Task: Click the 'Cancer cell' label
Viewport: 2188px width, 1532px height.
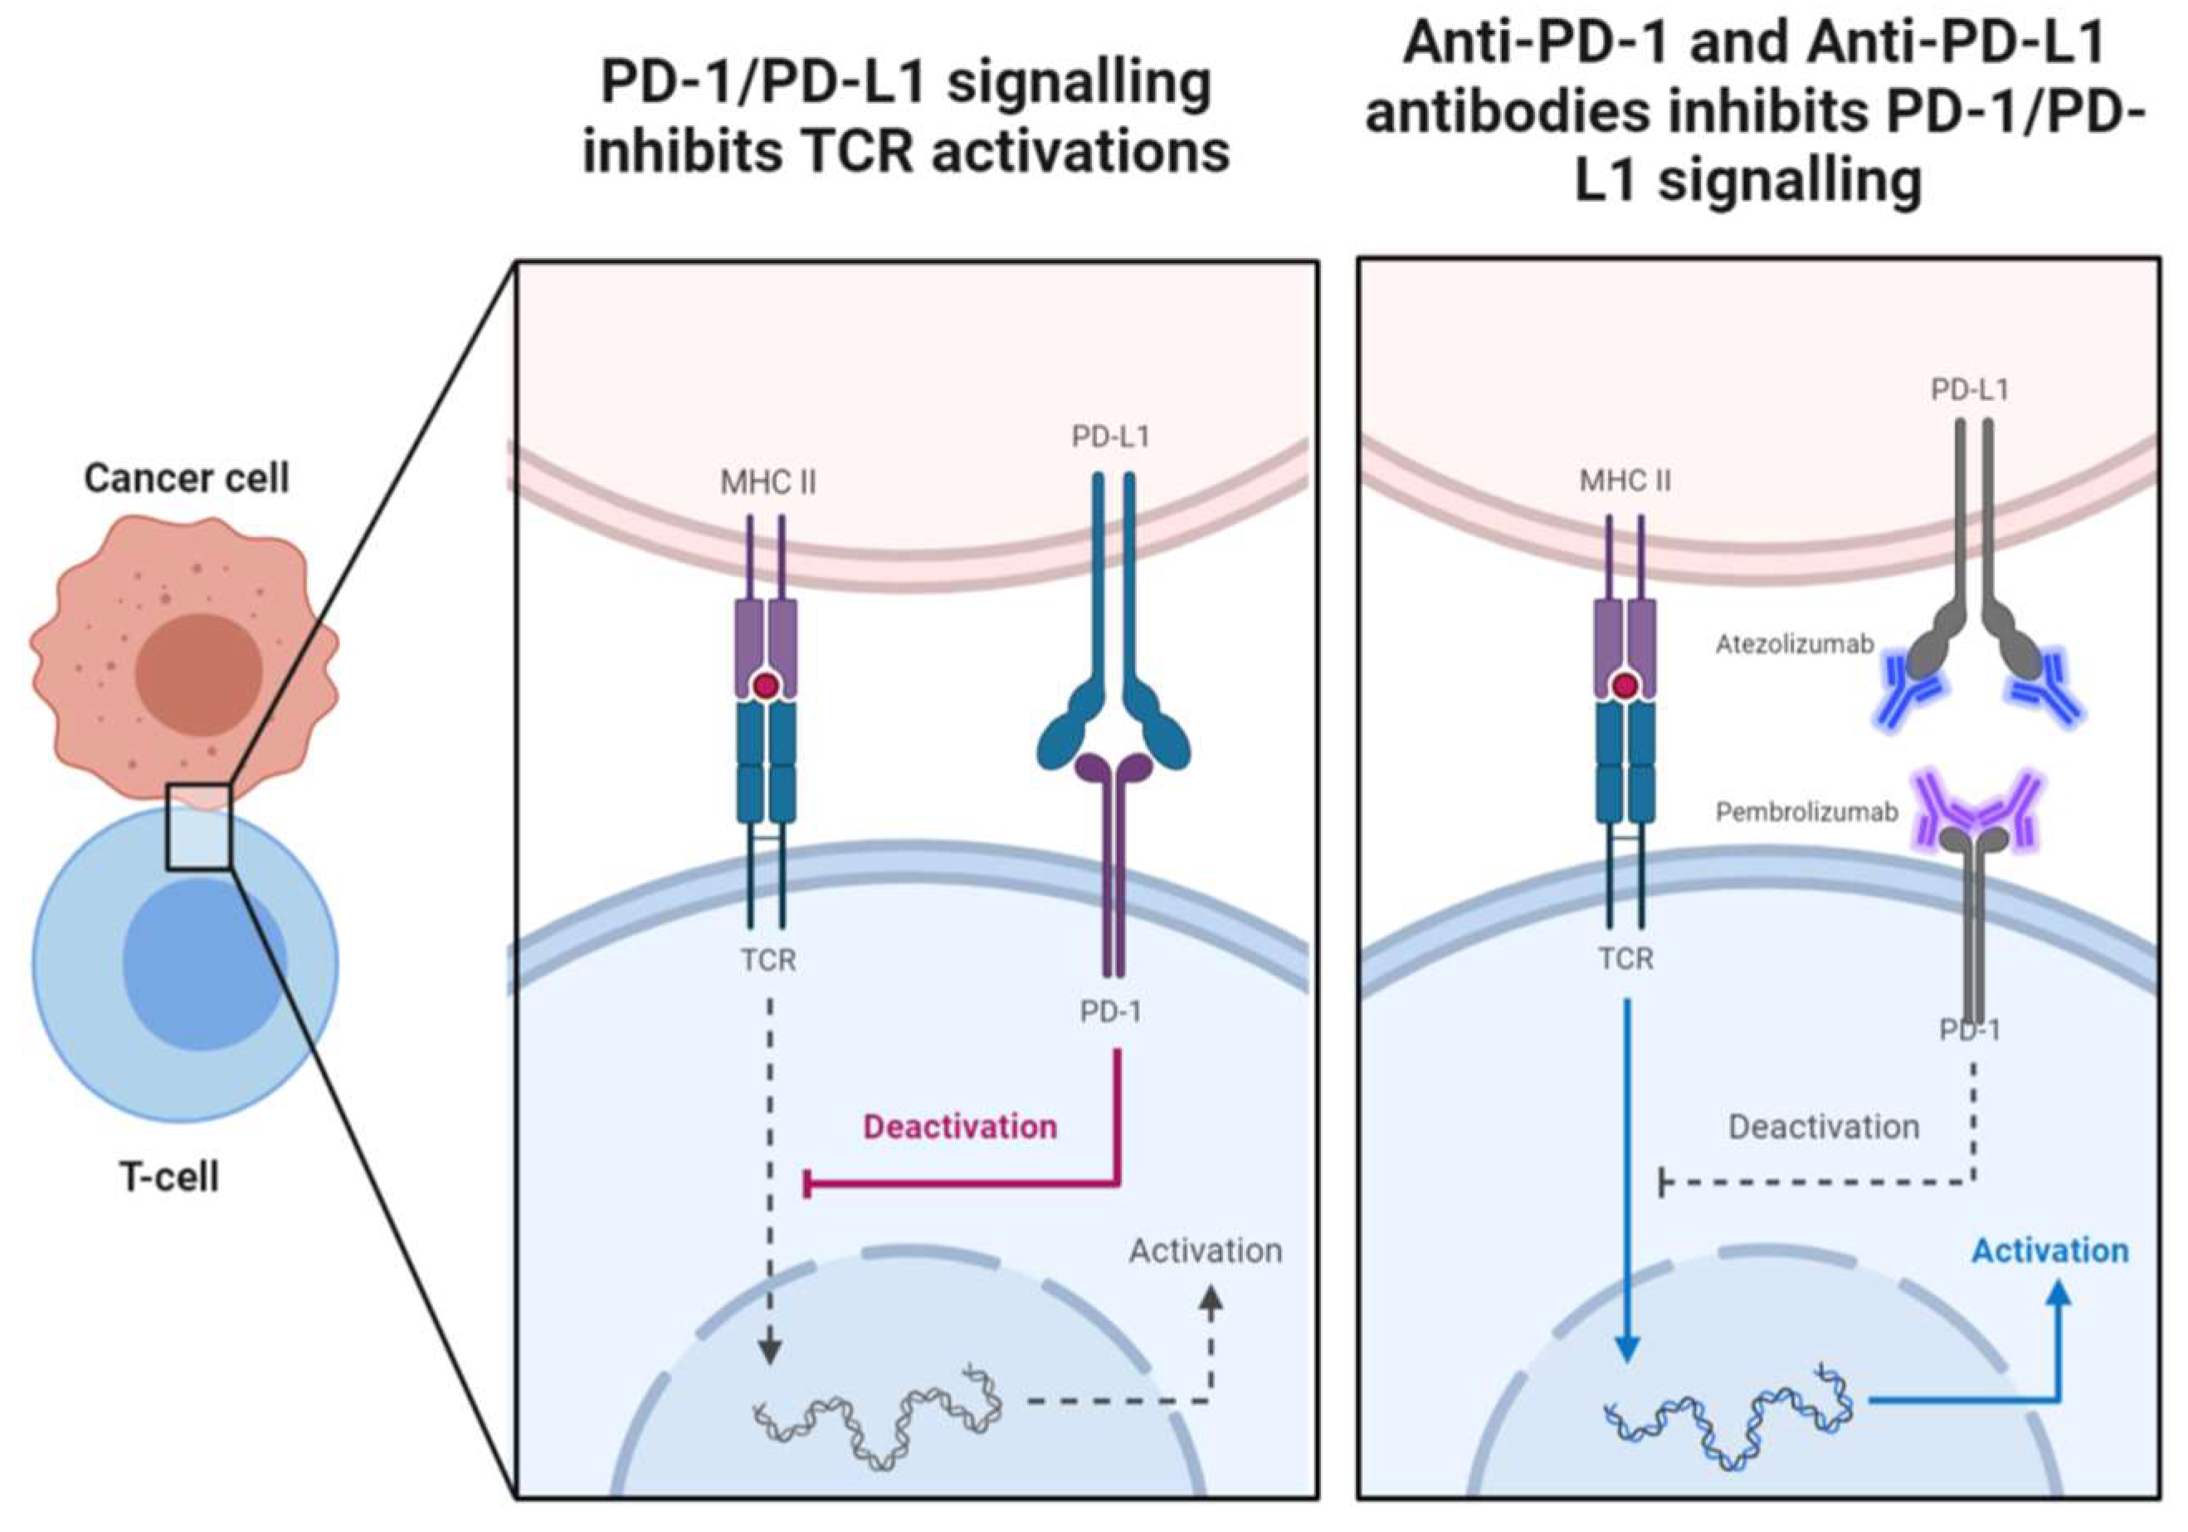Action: click(x=186, y=478)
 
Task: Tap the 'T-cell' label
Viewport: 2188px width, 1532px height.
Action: click(x=168, y=1177)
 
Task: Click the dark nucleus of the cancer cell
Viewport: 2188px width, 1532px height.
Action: click(x=198, y=674)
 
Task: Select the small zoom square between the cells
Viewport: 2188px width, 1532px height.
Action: click(x=199, y=827)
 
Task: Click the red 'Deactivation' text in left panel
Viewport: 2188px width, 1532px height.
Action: click(x=960, y=1127)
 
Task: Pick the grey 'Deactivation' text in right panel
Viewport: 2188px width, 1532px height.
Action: click(x=1823, y=1127)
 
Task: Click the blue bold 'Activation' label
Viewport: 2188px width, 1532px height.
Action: click(x=2049, y=1251)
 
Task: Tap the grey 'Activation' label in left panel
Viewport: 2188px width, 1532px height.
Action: click(x=1206, y=1251)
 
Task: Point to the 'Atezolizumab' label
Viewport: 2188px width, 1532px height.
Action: click(x=1795, y=646)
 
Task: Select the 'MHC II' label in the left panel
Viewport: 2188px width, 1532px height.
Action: click(x=768, y=483)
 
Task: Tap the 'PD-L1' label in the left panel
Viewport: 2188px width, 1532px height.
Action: click(x=1110, y=437)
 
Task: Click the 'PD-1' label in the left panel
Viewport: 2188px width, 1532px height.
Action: click(x=1110, y=1012)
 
